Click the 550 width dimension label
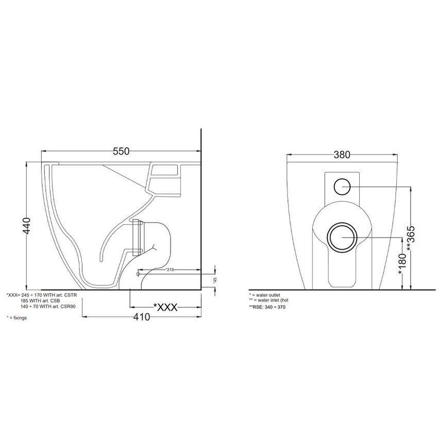click(x=120, y=151)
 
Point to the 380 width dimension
click(x=342, y=154)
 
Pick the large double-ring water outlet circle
click(x=341, y=238)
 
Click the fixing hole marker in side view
click(x=138, y=274)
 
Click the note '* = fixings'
click(x=16, y=318)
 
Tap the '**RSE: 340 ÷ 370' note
click(x=267, y=307)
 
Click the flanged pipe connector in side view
click(x=137, y=238)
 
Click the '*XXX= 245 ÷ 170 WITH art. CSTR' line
click(x=43, y=295)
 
